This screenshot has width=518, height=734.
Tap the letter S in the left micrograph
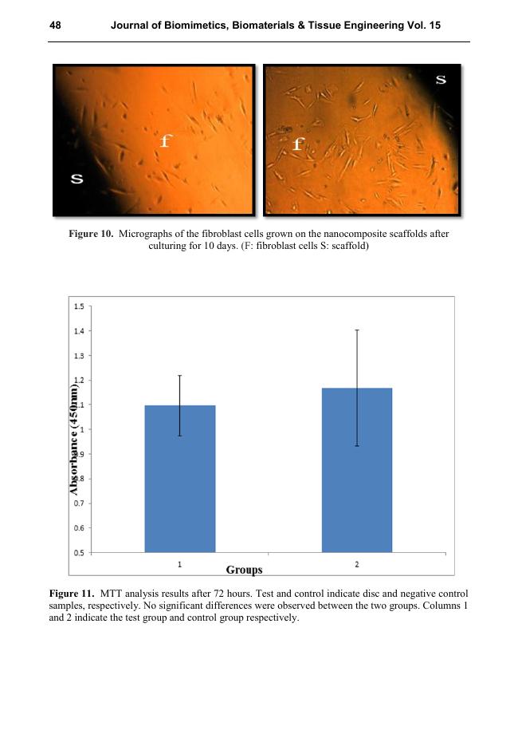coord(77,178)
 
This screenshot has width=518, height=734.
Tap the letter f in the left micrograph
coord(165,141)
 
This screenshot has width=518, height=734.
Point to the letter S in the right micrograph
coord(441,79)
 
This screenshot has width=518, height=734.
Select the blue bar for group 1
coord(179,479)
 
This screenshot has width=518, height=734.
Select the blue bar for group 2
coord(356,470)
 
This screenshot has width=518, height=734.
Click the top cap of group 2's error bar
coord(356,330)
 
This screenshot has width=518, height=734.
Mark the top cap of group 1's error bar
coord(179,375)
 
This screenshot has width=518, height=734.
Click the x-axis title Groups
coord(244,570)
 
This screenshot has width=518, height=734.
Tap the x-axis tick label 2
coord(356,564)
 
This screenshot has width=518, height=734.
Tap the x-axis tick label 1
coord(179,564)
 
